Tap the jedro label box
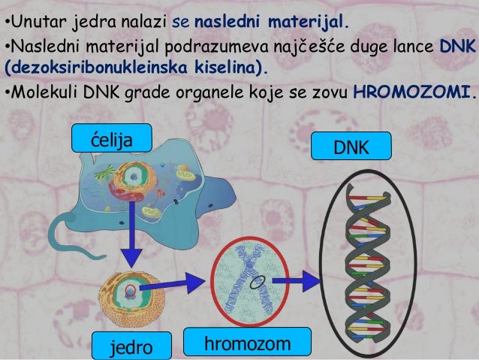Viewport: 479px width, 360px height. (x=131, y=346)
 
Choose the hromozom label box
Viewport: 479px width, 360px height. (x=246, y=342)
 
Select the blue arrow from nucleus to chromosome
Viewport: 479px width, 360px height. (x=183, y=284)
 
